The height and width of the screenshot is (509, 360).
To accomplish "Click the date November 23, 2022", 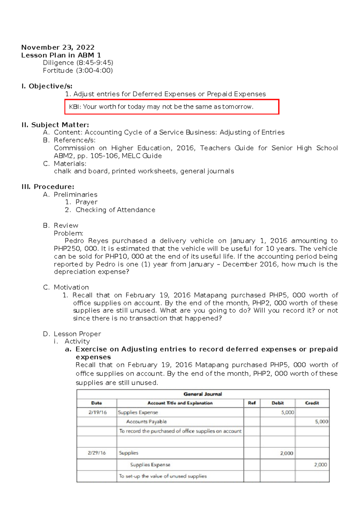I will [58, 47].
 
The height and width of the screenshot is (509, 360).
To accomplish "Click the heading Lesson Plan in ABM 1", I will [61, 55].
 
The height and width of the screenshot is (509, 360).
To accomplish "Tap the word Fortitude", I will [58, 71].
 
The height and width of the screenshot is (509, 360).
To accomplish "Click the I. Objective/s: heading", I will [47, 86].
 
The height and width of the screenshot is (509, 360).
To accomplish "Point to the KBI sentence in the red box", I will [161, 107].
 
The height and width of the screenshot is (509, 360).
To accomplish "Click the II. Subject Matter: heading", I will [55, 125].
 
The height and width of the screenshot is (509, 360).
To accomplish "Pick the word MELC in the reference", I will [131, 156].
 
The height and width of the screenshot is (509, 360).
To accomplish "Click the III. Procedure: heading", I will [48, 187].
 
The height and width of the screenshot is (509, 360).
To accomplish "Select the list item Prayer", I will [86, 202].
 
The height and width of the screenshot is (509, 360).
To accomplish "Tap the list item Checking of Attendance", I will [115, 210].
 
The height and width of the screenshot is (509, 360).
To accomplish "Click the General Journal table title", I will [203, 394].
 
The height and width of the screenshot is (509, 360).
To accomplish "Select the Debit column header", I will [277, 403].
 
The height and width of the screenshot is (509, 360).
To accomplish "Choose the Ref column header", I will [252, 403].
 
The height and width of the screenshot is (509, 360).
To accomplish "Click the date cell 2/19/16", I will [97, 412].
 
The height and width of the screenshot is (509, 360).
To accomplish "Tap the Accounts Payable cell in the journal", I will [146, 422].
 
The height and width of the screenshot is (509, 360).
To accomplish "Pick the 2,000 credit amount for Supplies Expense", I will [320, 465].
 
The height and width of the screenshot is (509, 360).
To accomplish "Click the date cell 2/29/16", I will [97, 453].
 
